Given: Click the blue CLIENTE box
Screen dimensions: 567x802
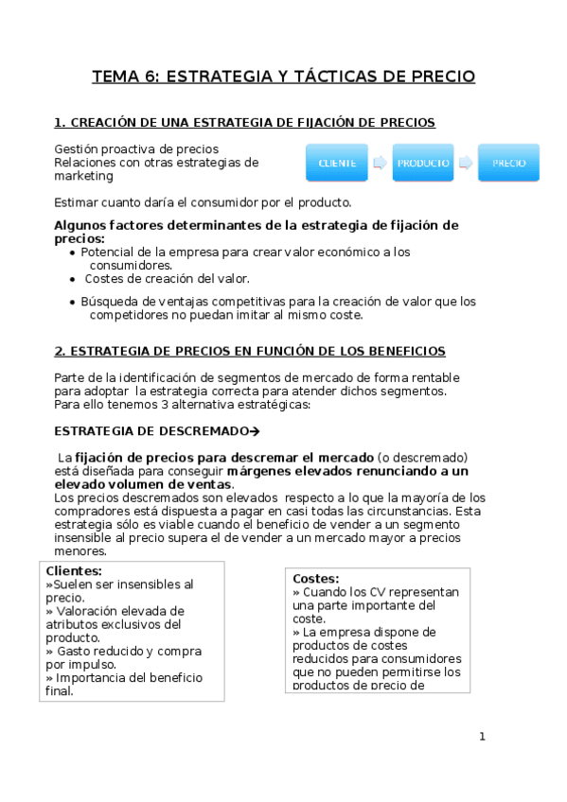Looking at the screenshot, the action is pyautogui.click(x=337, y=163).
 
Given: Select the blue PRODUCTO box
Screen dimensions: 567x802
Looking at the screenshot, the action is pyautogui.click(x=423, y=163).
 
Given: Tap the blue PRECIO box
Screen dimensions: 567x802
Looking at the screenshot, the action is pyautogui.click(x=508, y=163).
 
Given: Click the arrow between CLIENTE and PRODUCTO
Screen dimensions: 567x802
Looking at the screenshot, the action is pyautogui.click(x=380, y=163).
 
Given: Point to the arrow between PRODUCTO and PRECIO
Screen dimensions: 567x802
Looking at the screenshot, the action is pyautogui.click(x=465, y=163).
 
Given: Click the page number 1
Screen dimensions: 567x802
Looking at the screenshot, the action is pyautogui.click(x=482, y=737).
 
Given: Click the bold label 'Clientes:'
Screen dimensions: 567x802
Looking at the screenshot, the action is pyautogui.click(x=74, y=571).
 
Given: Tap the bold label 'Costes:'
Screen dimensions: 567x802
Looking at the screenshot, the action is pyautogui.click(x=315, y=578).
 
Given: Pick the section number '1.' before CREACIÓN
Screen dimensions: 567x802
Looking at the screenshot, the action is pyautogui.click(x=60, y=123).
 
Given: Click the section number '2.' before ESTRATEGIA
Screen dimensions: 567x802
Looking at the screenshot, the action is pyautogui.click(x=60, y=351).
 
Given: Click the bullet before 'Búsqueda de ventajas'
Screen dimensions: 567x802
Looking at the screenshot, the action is pyautogui.click(x=73, y=303).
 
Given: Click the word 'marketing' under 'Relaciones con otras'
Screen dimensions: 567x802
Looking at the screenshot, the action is pyautogui.click(x=83, y=176).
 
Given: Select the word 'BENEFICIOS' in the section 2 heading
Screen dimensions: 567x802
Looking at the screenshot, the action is pyautogui.click(x=401, y=351).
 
